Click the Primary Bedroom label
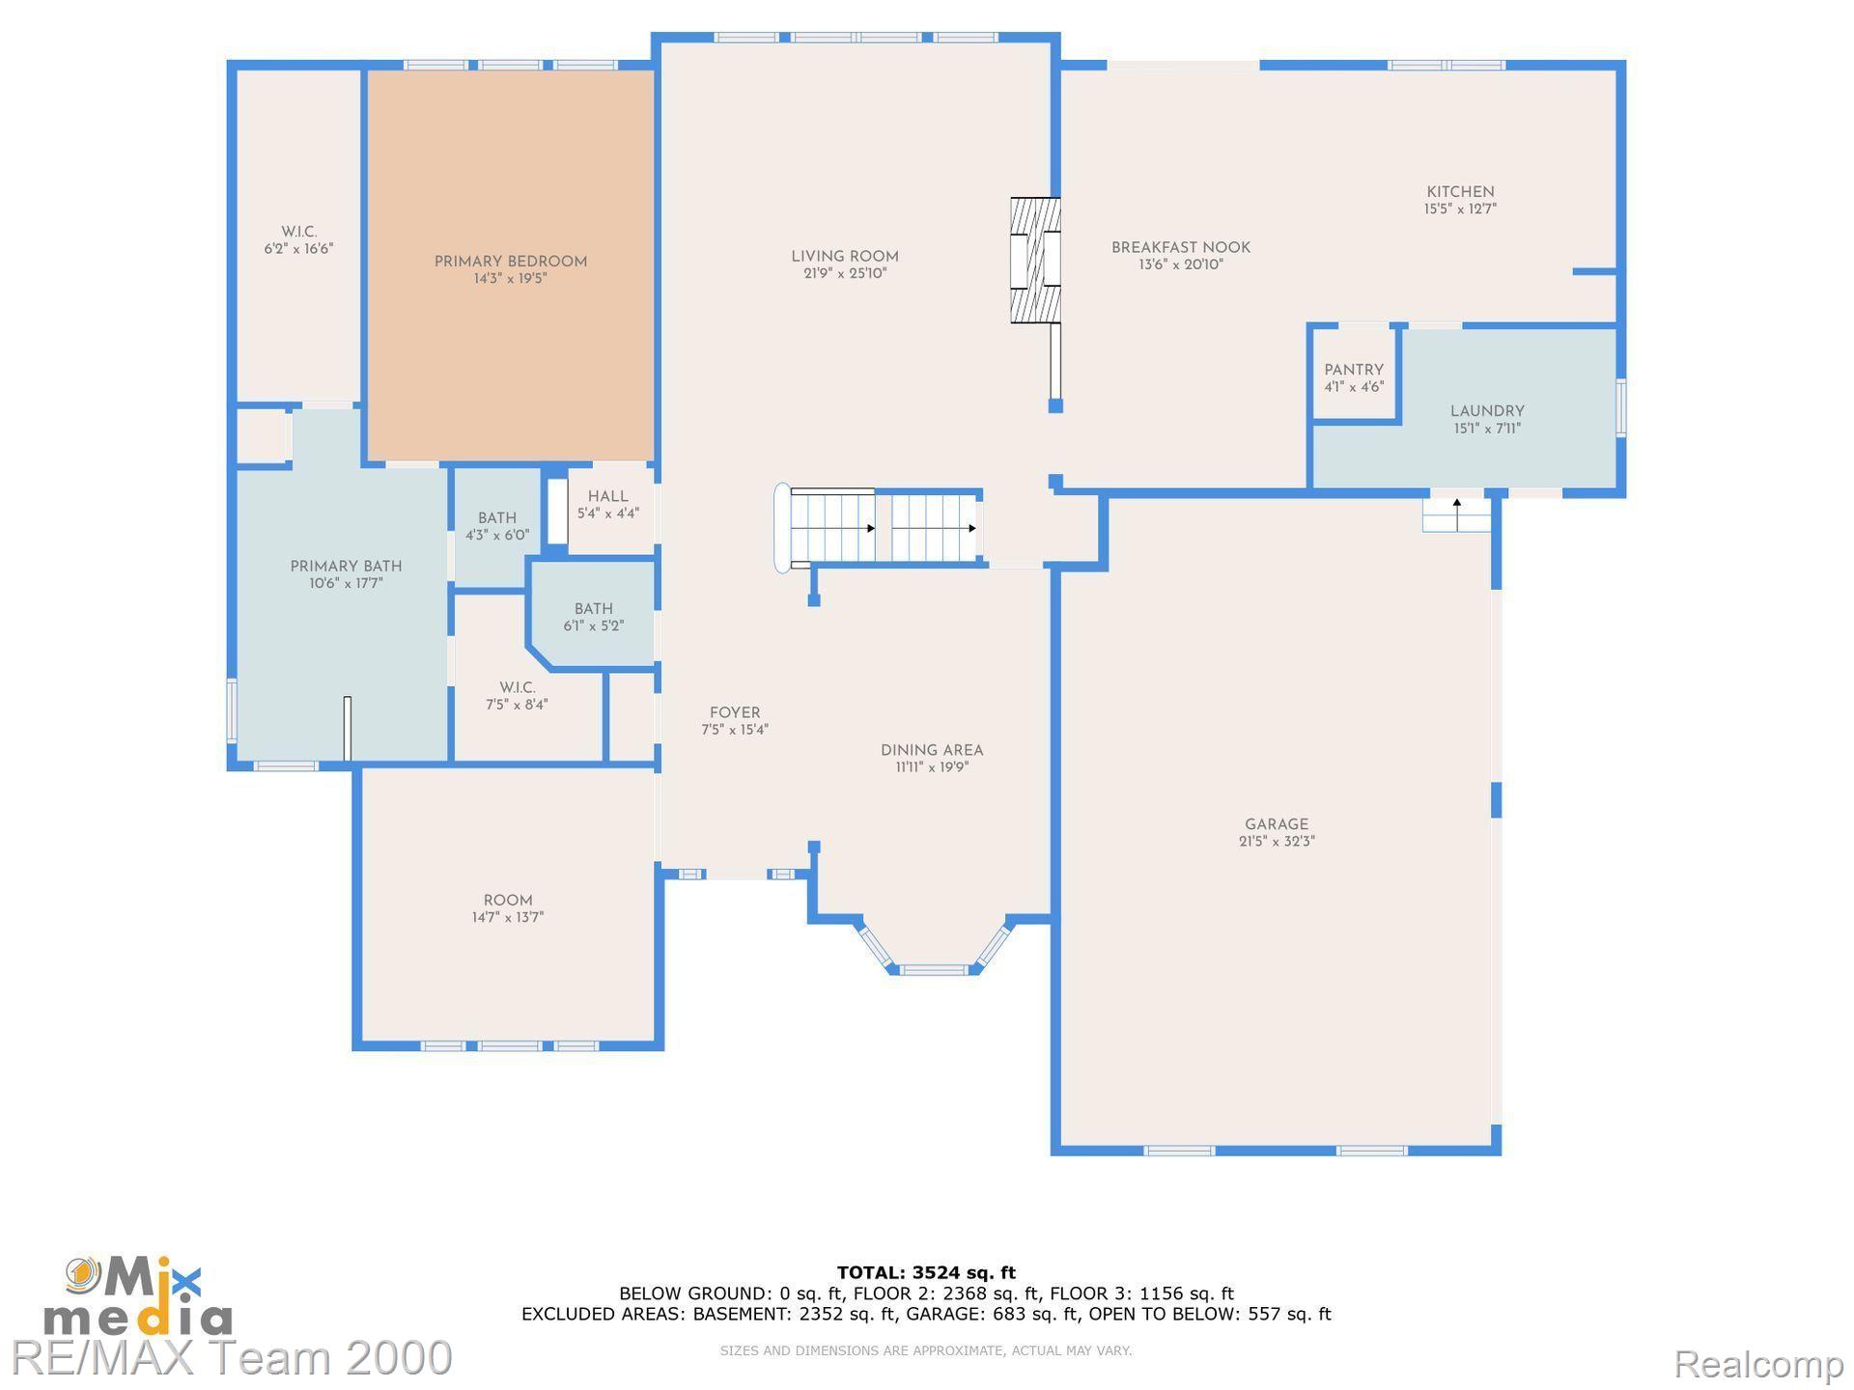511,262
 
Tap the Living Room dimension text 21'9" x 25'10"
845,274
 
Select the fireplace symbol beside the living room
1035,261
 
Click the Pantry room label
1354,370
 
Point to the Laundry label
1487,411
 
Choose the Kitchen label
1461,192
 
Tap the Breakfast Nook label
1181,248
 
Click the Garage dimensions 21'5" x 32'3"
1277,842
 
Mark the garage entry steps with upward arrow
1456,514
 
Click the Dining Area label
932,750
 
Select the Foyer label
735,713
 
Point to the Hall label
608,496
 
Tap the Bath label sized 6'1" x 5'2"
594,609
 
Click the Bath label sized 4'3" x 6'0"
497,518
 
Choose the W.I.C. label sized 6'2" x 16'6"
299,232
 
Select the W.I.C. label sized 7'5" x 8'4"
518,688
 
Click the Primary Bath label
346,567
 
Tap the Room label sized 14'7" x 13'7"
508,901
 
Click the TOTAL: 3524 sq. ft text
926,1272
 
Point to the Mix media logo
138,1296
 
